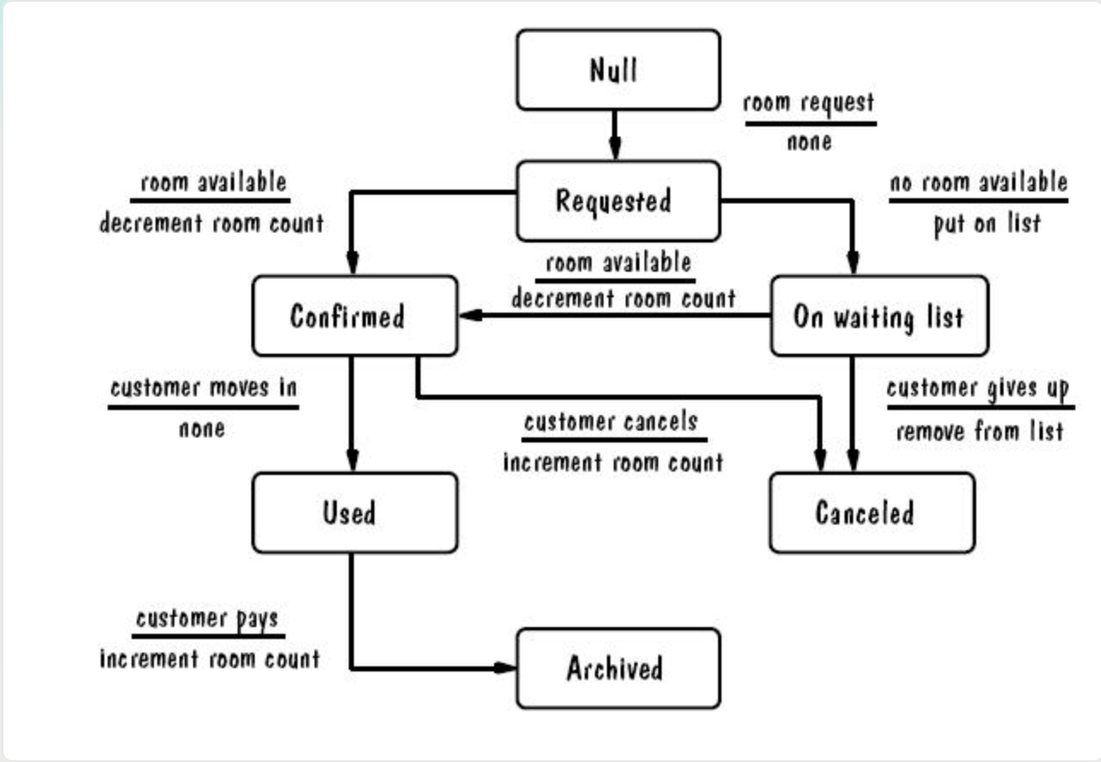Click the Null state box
point(618,70)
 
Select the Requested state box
point(618,201)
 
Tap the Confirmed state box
point(355,316)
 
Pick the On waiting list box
point(880,316)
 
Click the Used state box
point(355,513)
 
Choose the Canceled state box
point(873,513)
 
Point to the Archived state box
point(618,668)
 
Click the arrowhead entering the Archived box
point(505,668)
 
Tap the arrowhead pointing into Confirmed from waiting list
point(471,315)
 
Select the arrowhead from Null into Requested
point(615,149)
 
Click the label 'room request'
point(809,103)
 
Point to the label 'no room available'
point(979,182)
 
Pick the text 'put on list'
point(987,224)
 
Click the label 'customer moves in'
point(203,388)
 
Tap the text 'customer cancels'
point(611,421)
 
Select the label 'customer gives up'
point(978,389)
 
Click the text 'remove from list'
point(980,431)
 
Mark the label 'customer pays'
point(207,618)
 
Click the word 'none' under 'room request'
point(810,143)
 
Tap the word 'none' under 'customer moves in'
point(202,429)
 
